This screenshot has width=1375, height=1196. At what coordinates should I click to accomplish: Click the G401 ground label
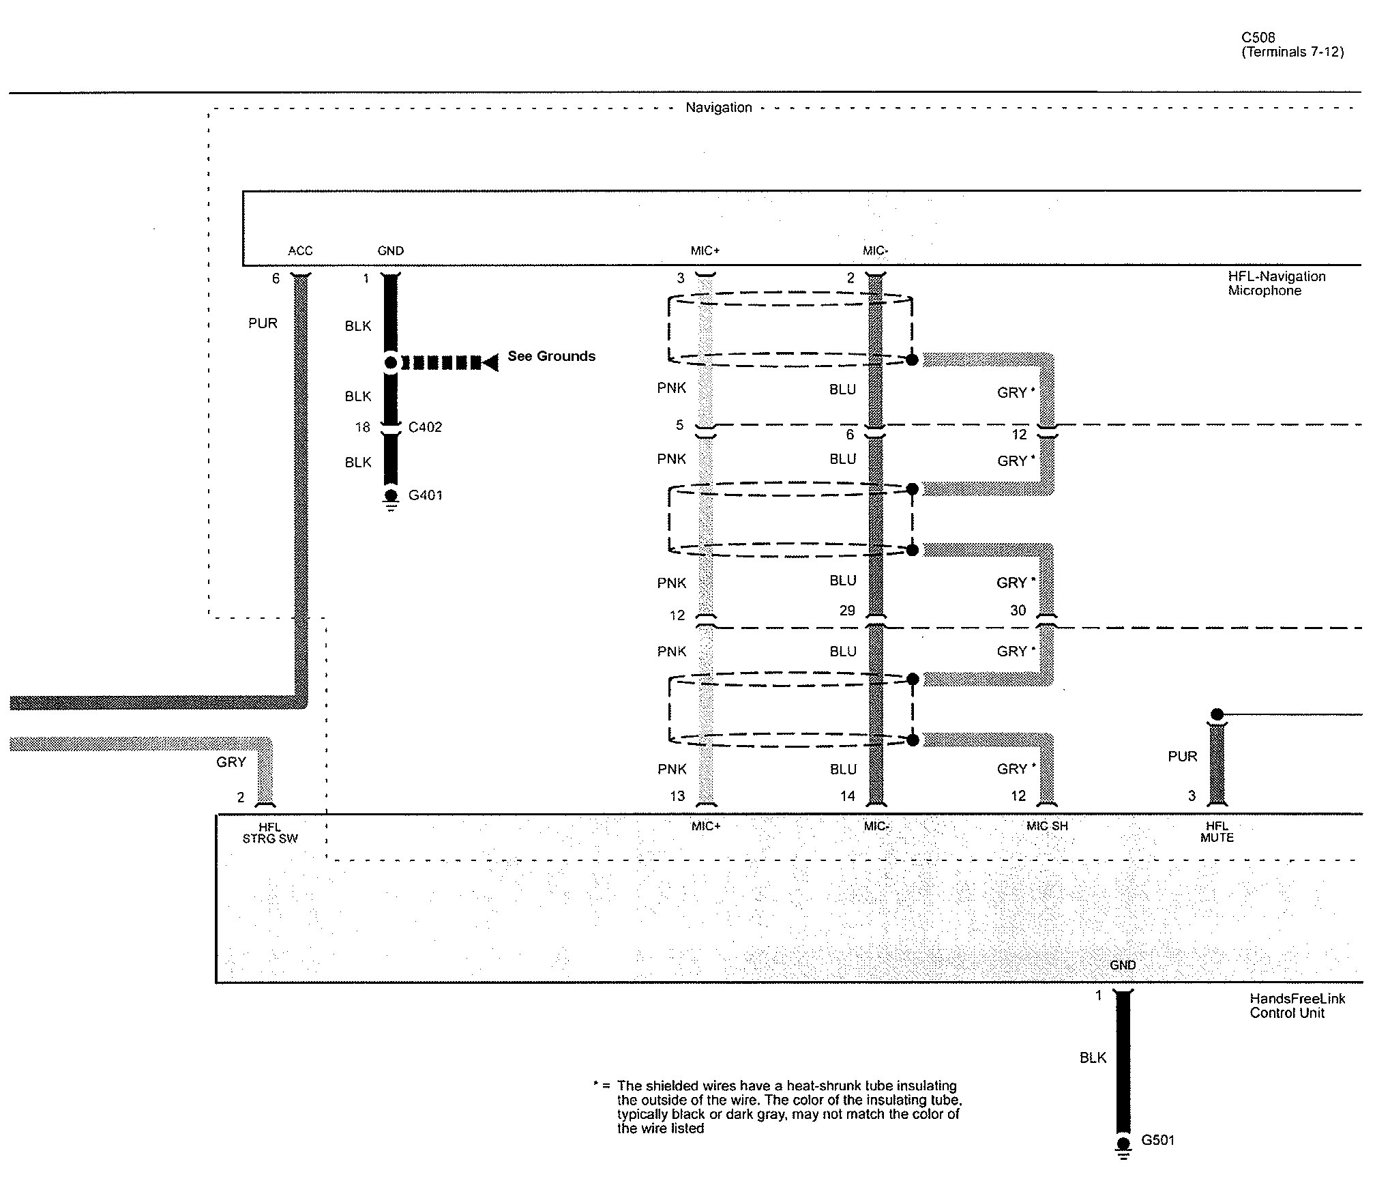pos(426,495)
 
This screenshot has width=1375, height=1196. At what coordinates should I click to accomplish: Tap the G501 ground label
pos(1158,1140)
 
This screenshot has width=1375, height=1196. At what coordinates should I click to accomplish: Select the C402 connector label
pos(425,427)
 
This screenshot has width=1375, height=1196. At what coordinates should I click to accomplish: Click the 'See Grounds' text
pos(551,356)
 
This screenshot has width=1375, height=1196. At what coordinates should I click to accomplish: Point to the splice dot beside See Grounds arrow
pos(390,362)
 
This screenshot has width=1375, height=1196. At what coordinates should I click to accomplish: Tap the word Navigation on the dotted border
pos(719,107)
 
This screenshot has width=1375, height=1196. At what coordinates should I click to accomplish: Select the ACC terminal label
pos(300,250)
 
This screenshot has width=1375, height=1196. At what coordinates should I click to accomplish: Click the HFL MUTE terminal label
pos(1217,832)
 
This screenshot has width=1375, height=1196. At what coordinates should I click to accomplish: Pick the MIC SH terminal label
pos(1047,826)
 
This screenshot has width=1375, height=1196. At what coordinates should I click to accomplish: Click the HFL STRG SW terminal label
pos(270,833)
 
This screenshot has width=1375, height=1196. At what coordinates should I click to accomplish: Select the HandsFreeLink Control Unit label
pos(1297,1006)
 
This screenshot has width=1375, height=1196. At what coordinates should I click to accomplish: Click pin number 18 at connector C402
pos(362,427)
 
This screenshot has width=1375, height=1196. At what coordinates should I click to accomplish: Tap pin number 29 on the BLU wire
pos(847,611)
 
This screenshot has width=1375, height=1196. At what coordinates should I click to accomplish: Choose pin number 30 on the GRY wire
pos(1018,611)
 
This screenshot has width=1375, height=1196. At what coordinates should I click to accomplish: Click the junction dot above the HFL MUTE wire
pos(1217,714)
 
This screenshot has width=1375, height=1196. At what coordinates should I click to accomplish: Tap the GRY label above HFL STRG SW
pos(231,762)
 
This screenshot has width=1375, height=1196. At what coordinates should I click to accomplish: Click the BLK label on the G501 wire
pos(1093,1058)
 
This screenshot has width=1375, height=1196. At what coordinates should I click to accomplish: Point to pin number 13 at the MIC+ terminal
pos(677,796)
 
